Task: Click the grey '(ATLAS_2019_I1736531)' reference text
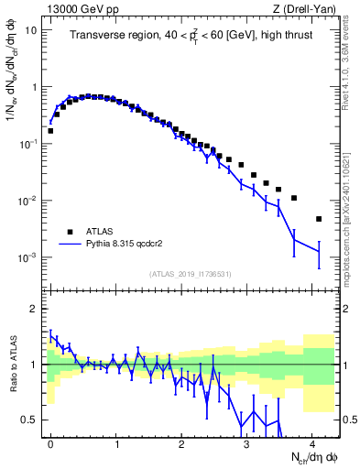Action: pos(190,274)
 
